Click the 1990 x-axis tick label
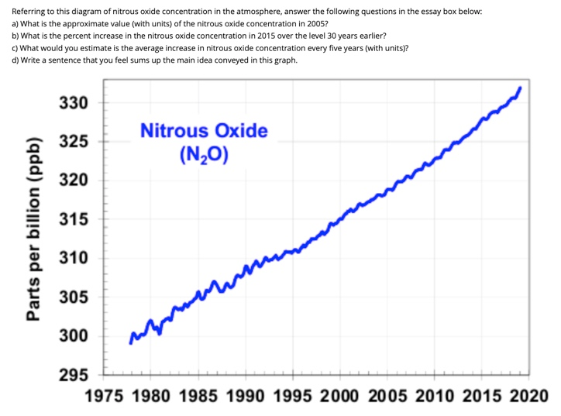246,397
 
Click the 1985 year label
199,397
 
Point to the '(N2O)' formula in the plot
204,154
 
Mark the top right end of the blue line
519,88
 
